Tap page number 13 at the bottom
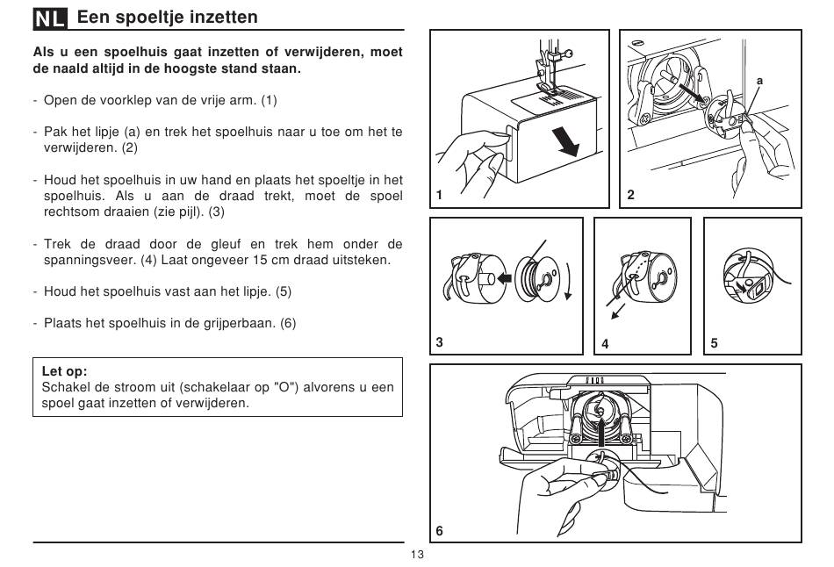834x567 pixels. click(x=418, y=555)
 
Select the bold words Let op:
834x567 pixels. click(x=64, y=371)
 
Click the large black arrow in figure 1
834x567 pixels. click(x=564, y=141)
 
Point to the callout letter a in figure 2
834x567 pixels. click(x=759, y=81)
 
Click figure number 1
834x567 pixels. click(x=439, y=195)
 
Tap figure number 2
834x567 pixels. click(x=630, y=195)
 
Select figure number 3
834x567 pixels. click(x=439, y=342)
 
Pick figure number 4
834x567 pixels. click(x=605, y=343)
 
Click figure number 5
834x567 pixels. click(x=714, y=343)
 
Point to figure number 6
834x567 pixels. click(x=439, y=530)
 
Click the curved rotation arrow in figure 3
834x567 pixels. click(x=569, y=281)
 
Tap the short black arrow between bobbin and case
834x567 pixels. click(x=503, y=278)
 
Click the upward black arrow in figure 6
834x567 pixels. click(x=600, y=432)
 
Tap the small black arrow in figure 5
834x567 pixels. click(x=739, y=287)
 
